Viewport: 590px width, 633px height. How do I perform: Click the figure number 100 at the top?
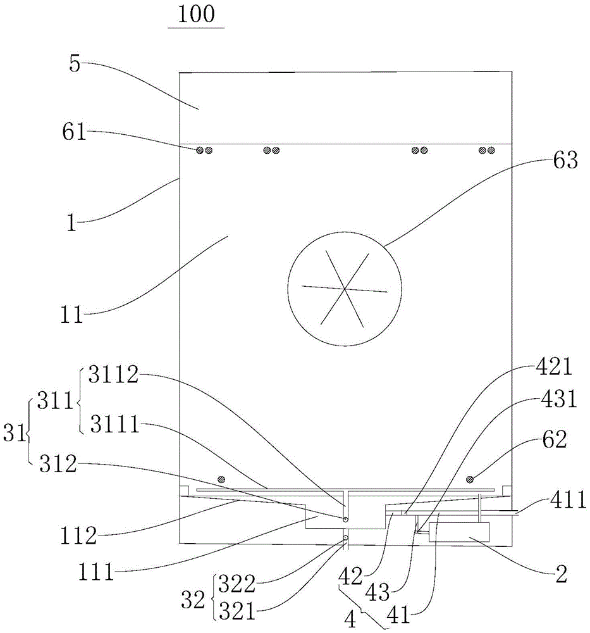pyautogui.click(x=196, y=15)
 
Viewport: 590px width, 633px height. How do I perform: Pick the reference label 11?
pyautogui.click(x=73, y=315)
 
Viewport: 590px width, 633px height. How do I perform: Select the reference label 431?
pyautogui.click(x=557, y=401)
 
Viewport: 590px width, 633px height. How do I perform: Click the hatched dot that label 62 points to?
pyautogui.click(x=470, y=477)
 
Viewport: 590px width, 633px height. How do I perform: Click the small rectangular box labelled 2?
pyautogui.click(x=458, y=532)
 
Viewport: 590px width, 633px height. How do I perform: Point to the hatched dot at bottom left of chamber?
pyautogui.click(x=221, y=477)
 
